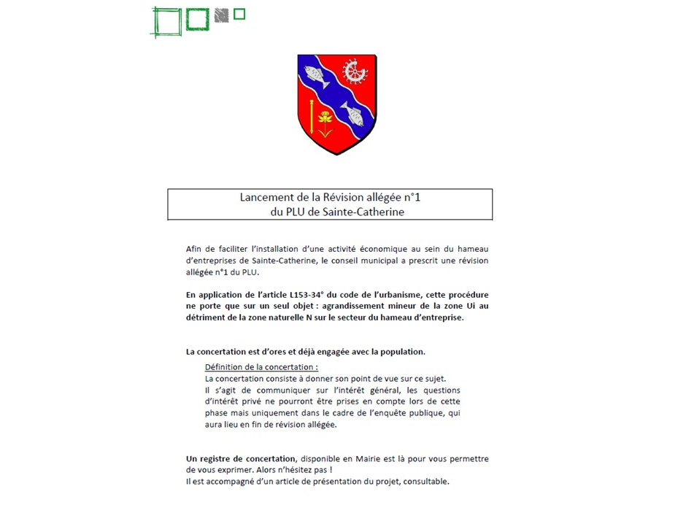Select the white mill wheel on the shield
point(355,71)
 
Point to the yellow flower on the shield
point(325,119)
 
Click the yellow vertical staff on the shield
point(312,116)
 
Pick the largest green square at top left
point(166,21)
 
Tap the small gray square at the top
point(222,15)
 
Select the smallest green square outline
point(239,14)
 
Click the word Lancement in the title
point(266,197)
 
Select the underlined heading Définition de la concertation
point(261,367)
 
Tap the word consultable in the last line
point(423,482)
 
